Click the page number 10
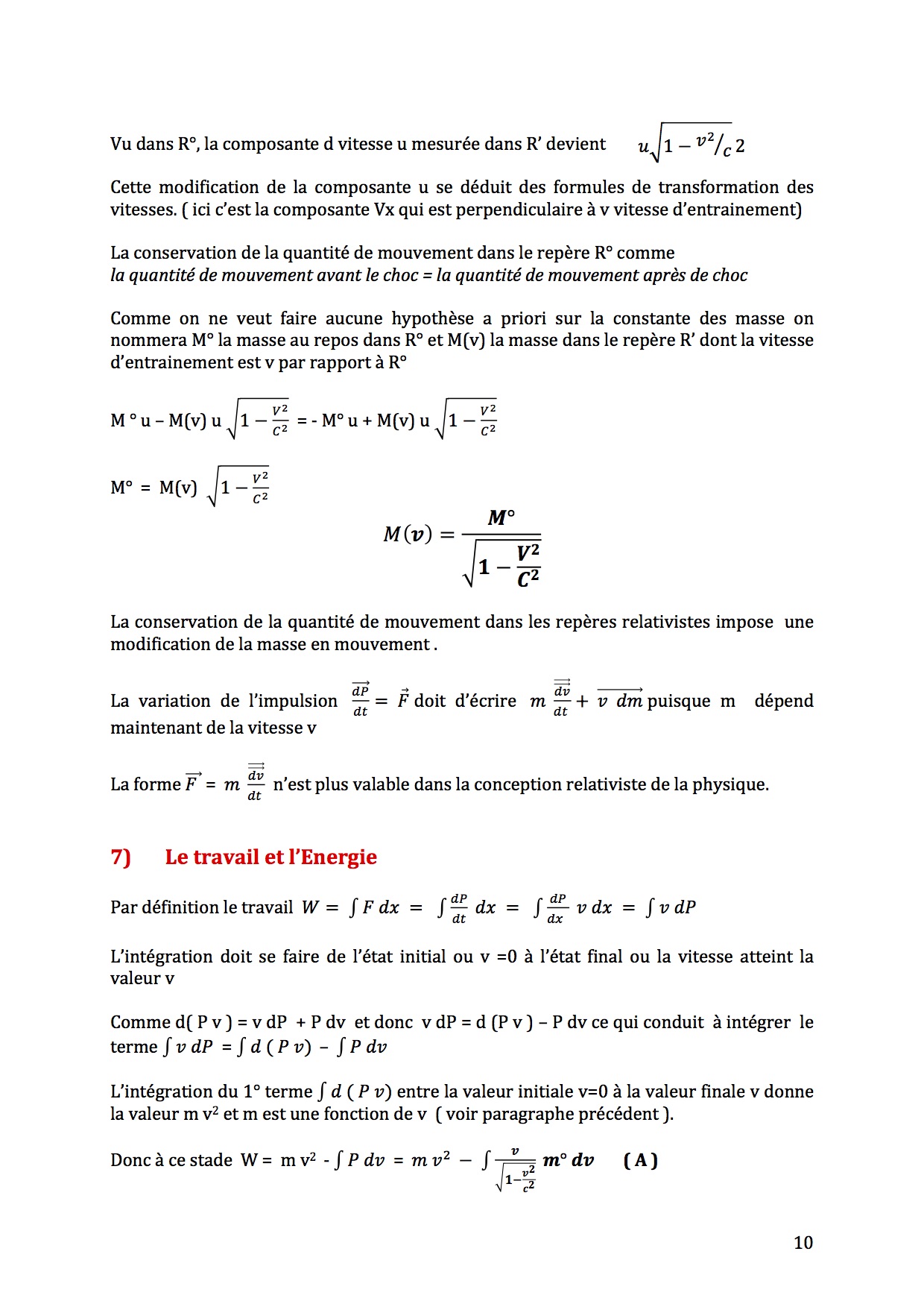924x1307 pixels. pos(803,1242)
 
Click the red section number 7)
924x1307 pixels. pos(121,857)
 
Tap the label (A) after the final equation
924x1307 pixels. pos(640,1160)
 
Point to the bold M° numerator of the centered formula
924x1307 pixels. pos(501,517)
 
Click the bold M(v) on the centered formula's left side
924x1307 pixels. pos(408,535)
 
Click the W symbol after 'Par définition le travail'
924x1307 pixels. pos(310,907)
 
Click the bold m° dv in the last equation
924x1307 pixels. pos(568,1160)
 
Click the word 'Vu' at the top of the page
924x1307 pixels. pos(121,144)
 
